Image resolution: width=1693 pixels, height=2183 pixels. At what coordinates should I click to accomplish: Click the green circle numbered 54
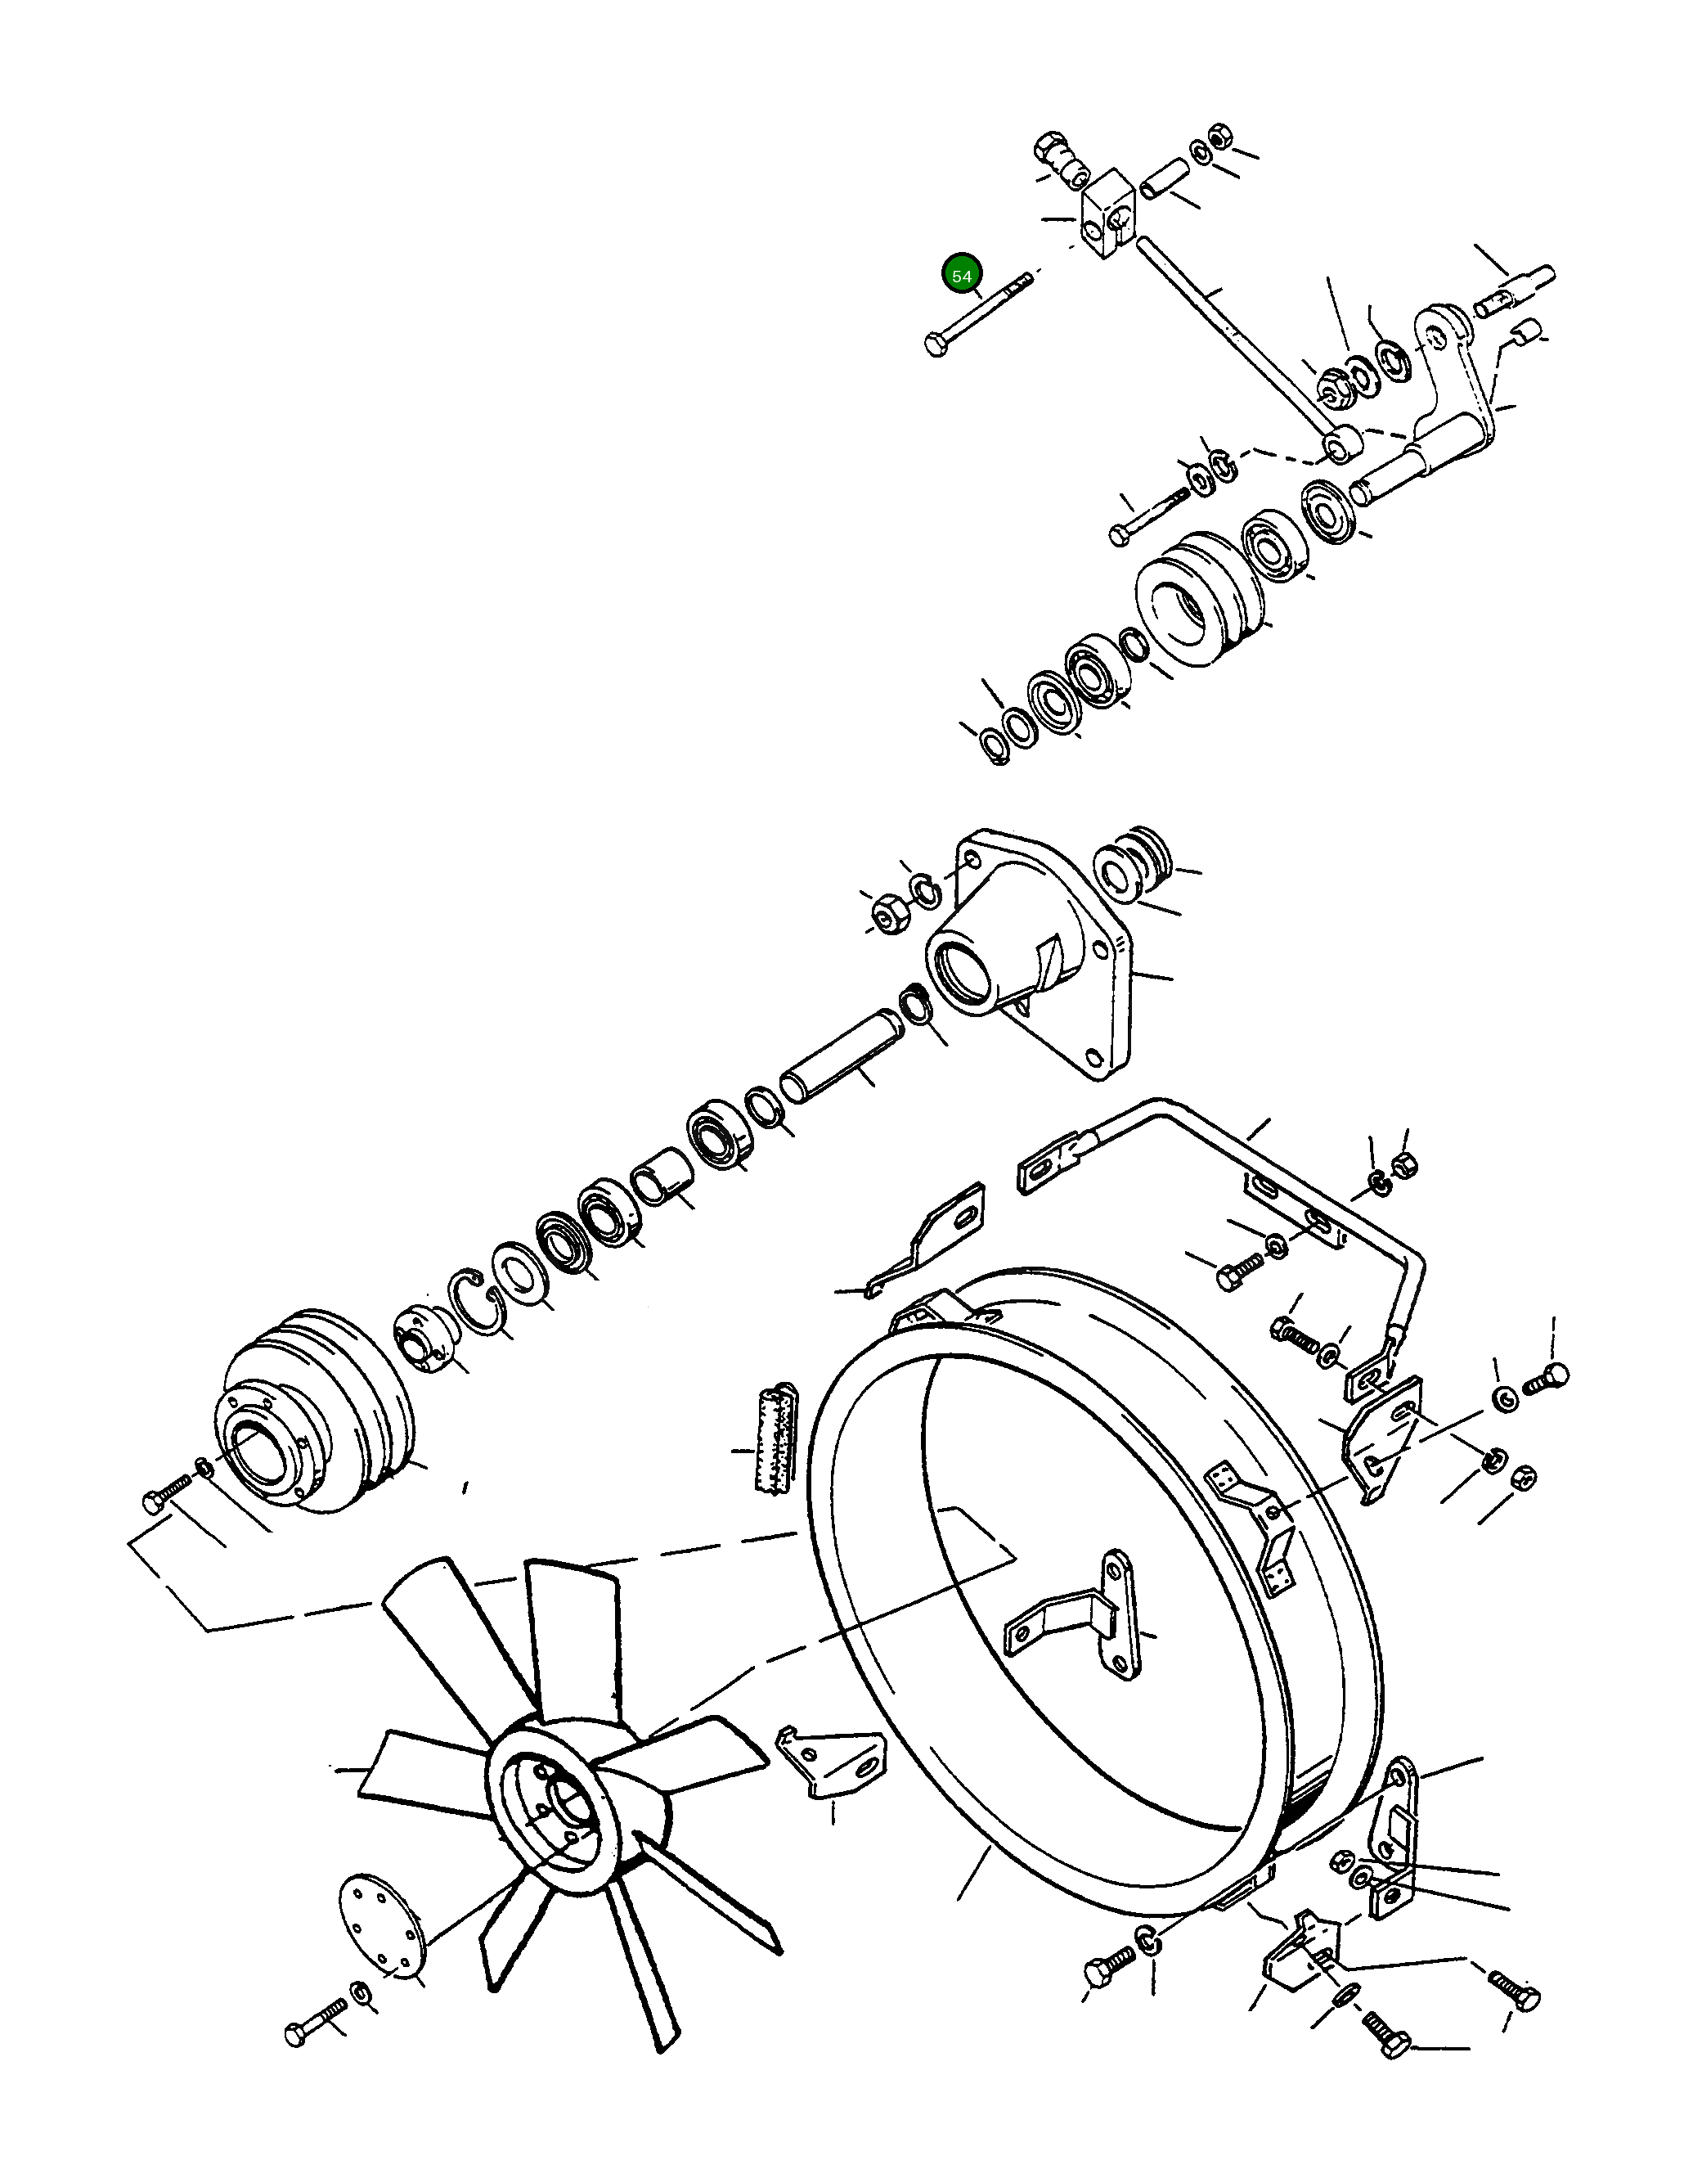coord(962,275)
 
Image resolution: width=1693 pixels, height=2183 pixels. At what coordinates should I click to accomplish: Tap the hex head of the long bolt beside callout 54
coord(935,347)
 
